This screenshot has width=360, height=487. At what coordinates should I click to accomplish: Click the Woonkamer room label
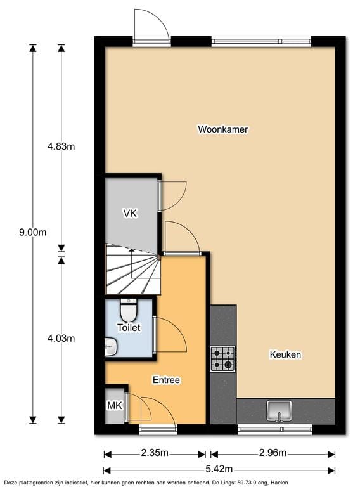coord(222,129)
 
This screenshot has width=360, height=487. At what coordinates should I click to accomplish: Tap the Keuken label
coord(285,354)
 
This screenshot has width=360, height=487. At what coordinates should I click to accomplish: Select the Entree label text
coord(167,380)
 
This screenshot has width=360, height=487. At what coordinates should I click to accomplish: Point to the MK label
coord(113,406)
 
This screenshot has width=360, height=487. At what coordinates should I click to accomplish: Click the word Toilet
coord(129,328)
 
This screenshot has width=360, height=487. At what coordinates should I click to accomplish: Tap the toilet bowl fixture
coord(129,310)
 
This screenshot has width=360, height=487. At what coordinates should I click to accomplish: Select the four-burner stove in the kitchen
coord(222,358)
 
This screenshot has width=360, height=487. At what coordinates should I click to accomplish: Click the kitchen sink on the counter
coord(279,411)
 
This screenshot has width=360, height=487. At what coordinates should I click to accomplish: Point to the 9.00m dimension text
coord(33,232)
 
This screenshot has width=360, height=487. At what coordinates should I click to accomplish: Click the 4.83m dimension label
coord(61,147)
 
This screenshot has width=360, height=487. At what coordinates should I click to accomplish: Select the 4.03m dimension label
coord(61,338)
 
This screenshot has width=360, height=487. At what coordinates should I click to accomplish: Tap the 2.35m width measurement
coord(155,453)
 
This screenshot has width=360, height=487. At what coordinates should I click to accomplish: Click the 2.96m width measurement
coord(273,453)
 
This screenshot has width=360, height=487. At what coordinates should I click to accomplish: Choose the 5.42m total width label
coord(219,469)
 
